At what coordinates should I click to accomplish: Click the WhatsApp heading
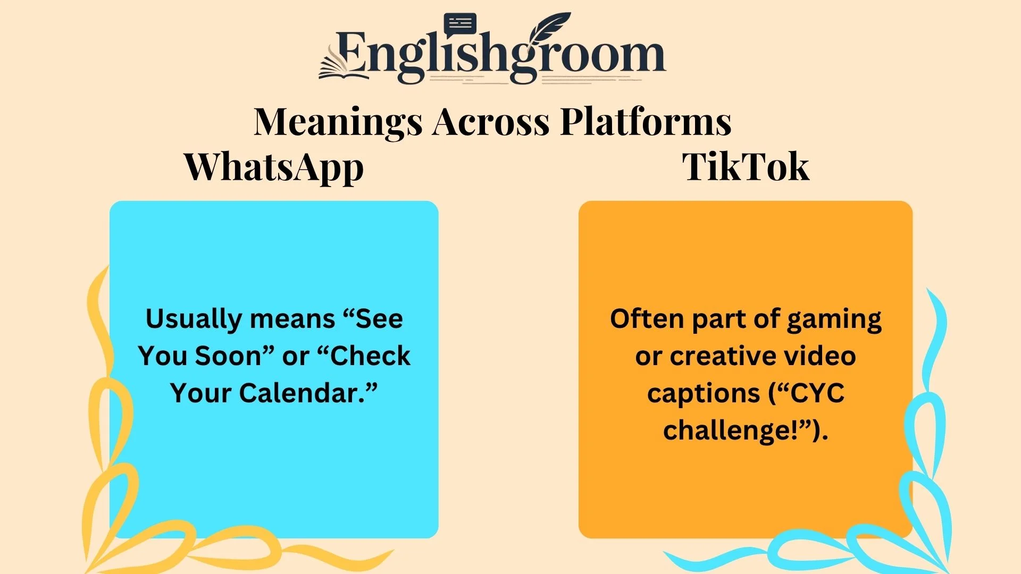(274, 167)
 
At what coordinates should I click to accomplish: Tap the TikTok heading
(746, 167)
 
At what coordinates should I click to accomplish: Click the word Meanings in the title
(338, 122)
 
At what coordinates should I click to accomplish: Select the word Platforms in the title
(646, 122)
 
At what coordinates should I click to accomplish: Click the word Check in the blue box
(370, 356)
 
